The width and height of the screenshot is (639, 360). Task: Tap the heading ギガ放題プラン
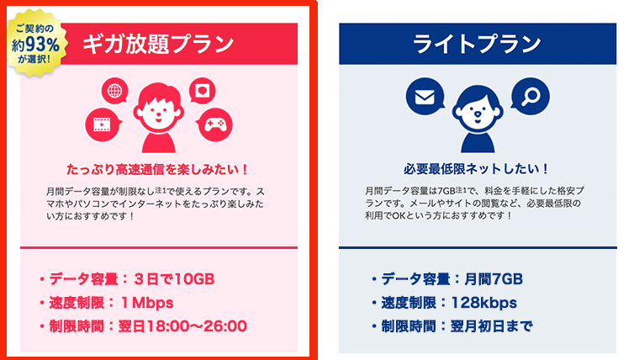157,44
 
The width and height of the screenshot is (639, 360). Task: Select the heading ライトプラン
478,44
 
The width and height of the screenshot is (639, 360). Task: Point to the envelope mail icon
424,98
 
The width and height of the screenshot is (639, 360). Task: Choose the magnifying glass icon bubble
531,98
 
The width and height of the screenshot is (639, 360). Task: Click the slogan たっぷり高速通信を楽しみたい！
158,168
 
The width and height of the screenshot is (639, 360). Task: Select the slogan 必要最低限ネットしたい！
478,168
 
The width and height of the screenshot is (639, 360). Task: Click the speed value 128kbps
486,303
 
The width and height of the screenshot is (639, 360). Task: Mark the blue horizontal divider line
478,247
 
